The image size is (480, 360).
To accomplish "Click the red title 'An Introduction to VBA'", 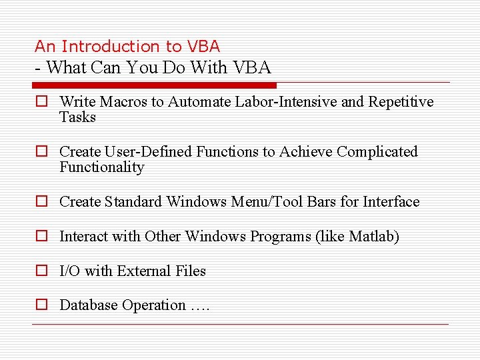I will click(x=127, y=46).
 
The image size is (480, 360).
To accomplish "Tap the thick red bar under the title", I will click(x=155, y=85).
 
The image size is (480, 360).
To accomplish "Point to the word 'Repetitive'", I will click(x=401, y=102).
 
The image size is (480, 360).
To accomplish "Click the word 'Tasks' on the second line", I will click(x=77, y=117).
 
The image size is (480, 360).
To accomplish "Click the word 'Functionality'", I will click(x=101, y=167).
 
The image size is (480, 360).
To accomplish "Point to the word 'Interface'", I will click(x=391, y=201).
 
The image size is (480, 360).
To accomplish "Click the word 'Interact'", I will click(x=83, y=236).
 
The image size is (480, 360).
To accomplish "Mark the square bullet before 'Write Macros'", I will click(x=41, y=102).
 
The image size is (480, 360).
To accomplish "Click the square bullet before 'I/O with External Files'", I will click(x=41, y=271).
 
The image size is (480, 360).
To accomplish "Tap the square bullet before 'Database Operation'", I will click(x=41, y=305).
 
